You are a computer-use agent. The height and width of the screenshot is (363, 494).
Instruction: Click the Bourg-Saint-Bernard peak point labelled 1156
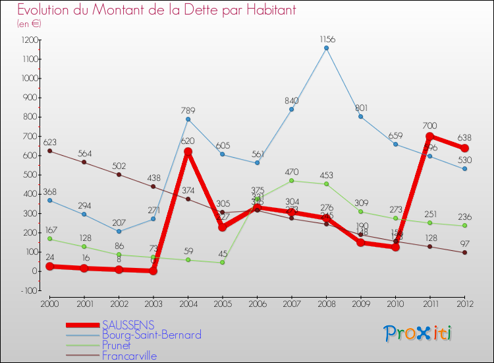[326, 48]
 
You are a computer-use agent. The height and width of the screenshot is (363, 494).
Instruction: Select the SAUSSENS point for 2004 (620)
[188, 152]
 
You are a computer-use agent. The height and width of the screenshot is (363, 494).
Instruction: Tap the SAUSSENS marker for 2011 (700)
[429, 137]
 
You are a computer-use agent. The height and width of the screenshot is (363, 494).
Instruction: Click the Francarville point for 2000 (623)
[49, 151]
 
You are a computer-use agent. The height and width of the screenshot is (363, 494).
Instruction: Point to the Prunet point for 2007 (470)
[291, 181]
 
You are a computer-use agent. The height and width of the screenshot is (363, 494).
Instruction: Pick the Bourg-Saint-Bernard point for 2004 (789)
[188, 119]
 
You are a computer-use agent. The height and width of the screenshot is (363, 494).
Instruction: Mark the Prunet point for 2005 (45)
[222, 263]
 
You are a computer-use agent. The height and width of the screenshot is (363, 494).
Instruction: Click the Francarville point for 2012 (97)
[464, 252]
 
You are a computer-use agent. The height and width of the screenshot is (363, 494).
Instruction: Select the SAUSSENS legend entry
[128, 325]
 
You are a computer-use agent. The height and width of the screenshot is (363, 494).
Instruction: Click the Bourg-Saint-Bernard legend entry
[151, 335]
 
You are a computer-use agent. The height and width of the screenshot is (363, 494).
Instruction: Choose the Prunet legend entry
[117, 345]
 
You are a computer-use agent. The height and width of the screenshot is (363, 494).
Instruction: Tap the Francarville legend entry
[129, 356]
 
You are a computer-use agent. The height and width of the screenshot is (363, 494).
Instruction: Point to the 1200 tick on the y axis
[30, 40]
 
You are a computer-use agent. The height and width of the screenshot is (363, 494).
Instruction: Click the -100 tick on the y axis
[30, 290]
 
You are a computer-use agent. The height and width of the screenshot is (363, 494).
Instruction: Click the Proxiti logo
[418, 333]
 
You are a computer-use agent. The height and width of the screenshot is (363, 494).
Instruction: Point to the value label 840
[291, 100]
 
